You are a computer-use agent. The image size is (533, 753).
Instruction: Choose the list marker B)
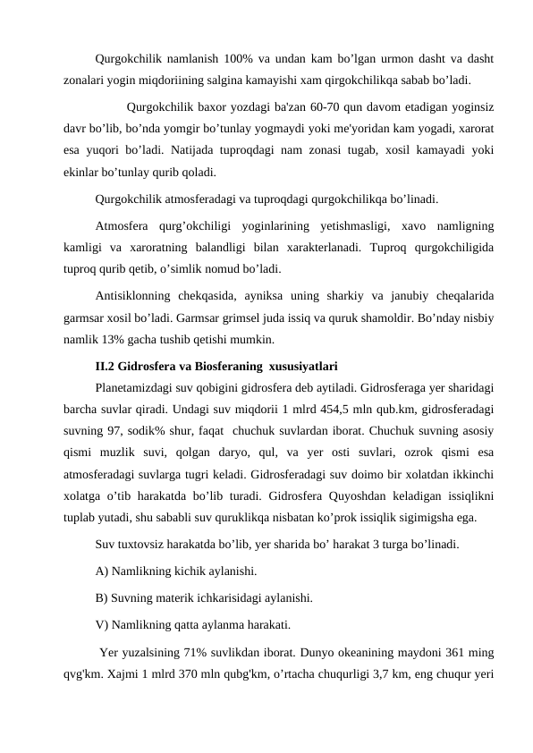pos(102,597)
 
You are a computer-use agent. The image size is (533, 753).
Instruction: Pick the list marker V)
pos(102,625)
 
